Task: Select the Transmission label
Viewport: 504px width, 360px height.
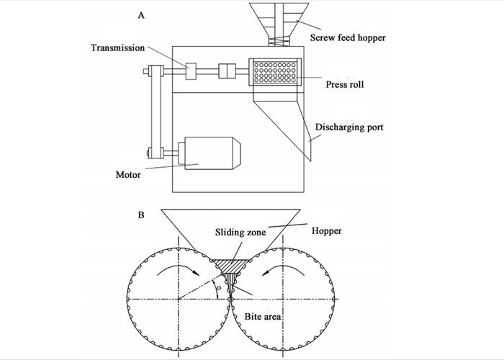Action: (x=118, y=48)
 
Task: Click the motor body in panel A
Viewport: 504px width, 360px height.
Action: (x=212, y=154)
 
